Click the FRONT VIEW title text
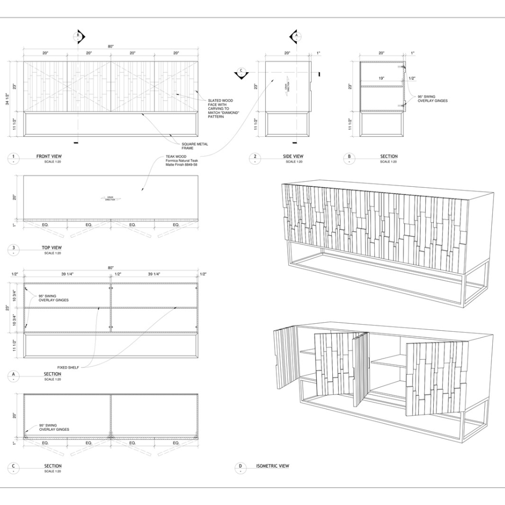[49, 157]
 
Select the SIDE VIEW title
[293, 157]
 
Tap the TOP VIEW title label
[52, 248]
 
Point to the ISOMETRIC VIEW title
[273, 466]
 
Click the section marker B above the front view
[78, 36]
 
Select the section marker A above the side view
[296, 36]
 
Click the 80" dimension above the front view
[111, 46]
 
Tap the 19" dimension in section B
[381, 78]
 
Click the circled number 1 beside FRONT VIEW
[13, 158]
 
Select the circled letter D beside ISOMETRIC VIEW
[240, 468]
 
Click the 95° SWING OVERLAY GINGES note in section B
[432, 98]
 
